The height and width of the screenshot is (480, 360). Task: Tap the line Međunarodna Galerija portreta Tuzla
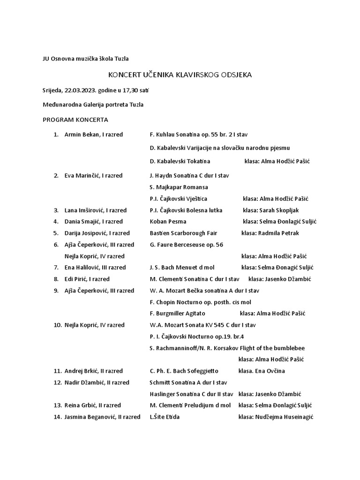[93, 105]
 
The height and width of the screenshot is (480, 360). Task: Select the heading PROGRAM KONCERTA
[75, 120]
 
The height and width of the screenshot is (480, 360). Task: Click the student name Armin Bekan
[80, 135]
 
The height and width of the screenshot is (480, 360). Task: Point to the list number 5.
[56, 233]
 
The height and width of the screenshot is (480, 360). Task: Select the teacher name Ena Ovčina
[270, 371]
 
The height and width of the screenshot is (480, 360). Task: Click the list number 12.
[58, 382]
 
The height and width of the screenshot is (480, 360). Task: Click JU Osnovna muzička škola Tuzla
[85, 59]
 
